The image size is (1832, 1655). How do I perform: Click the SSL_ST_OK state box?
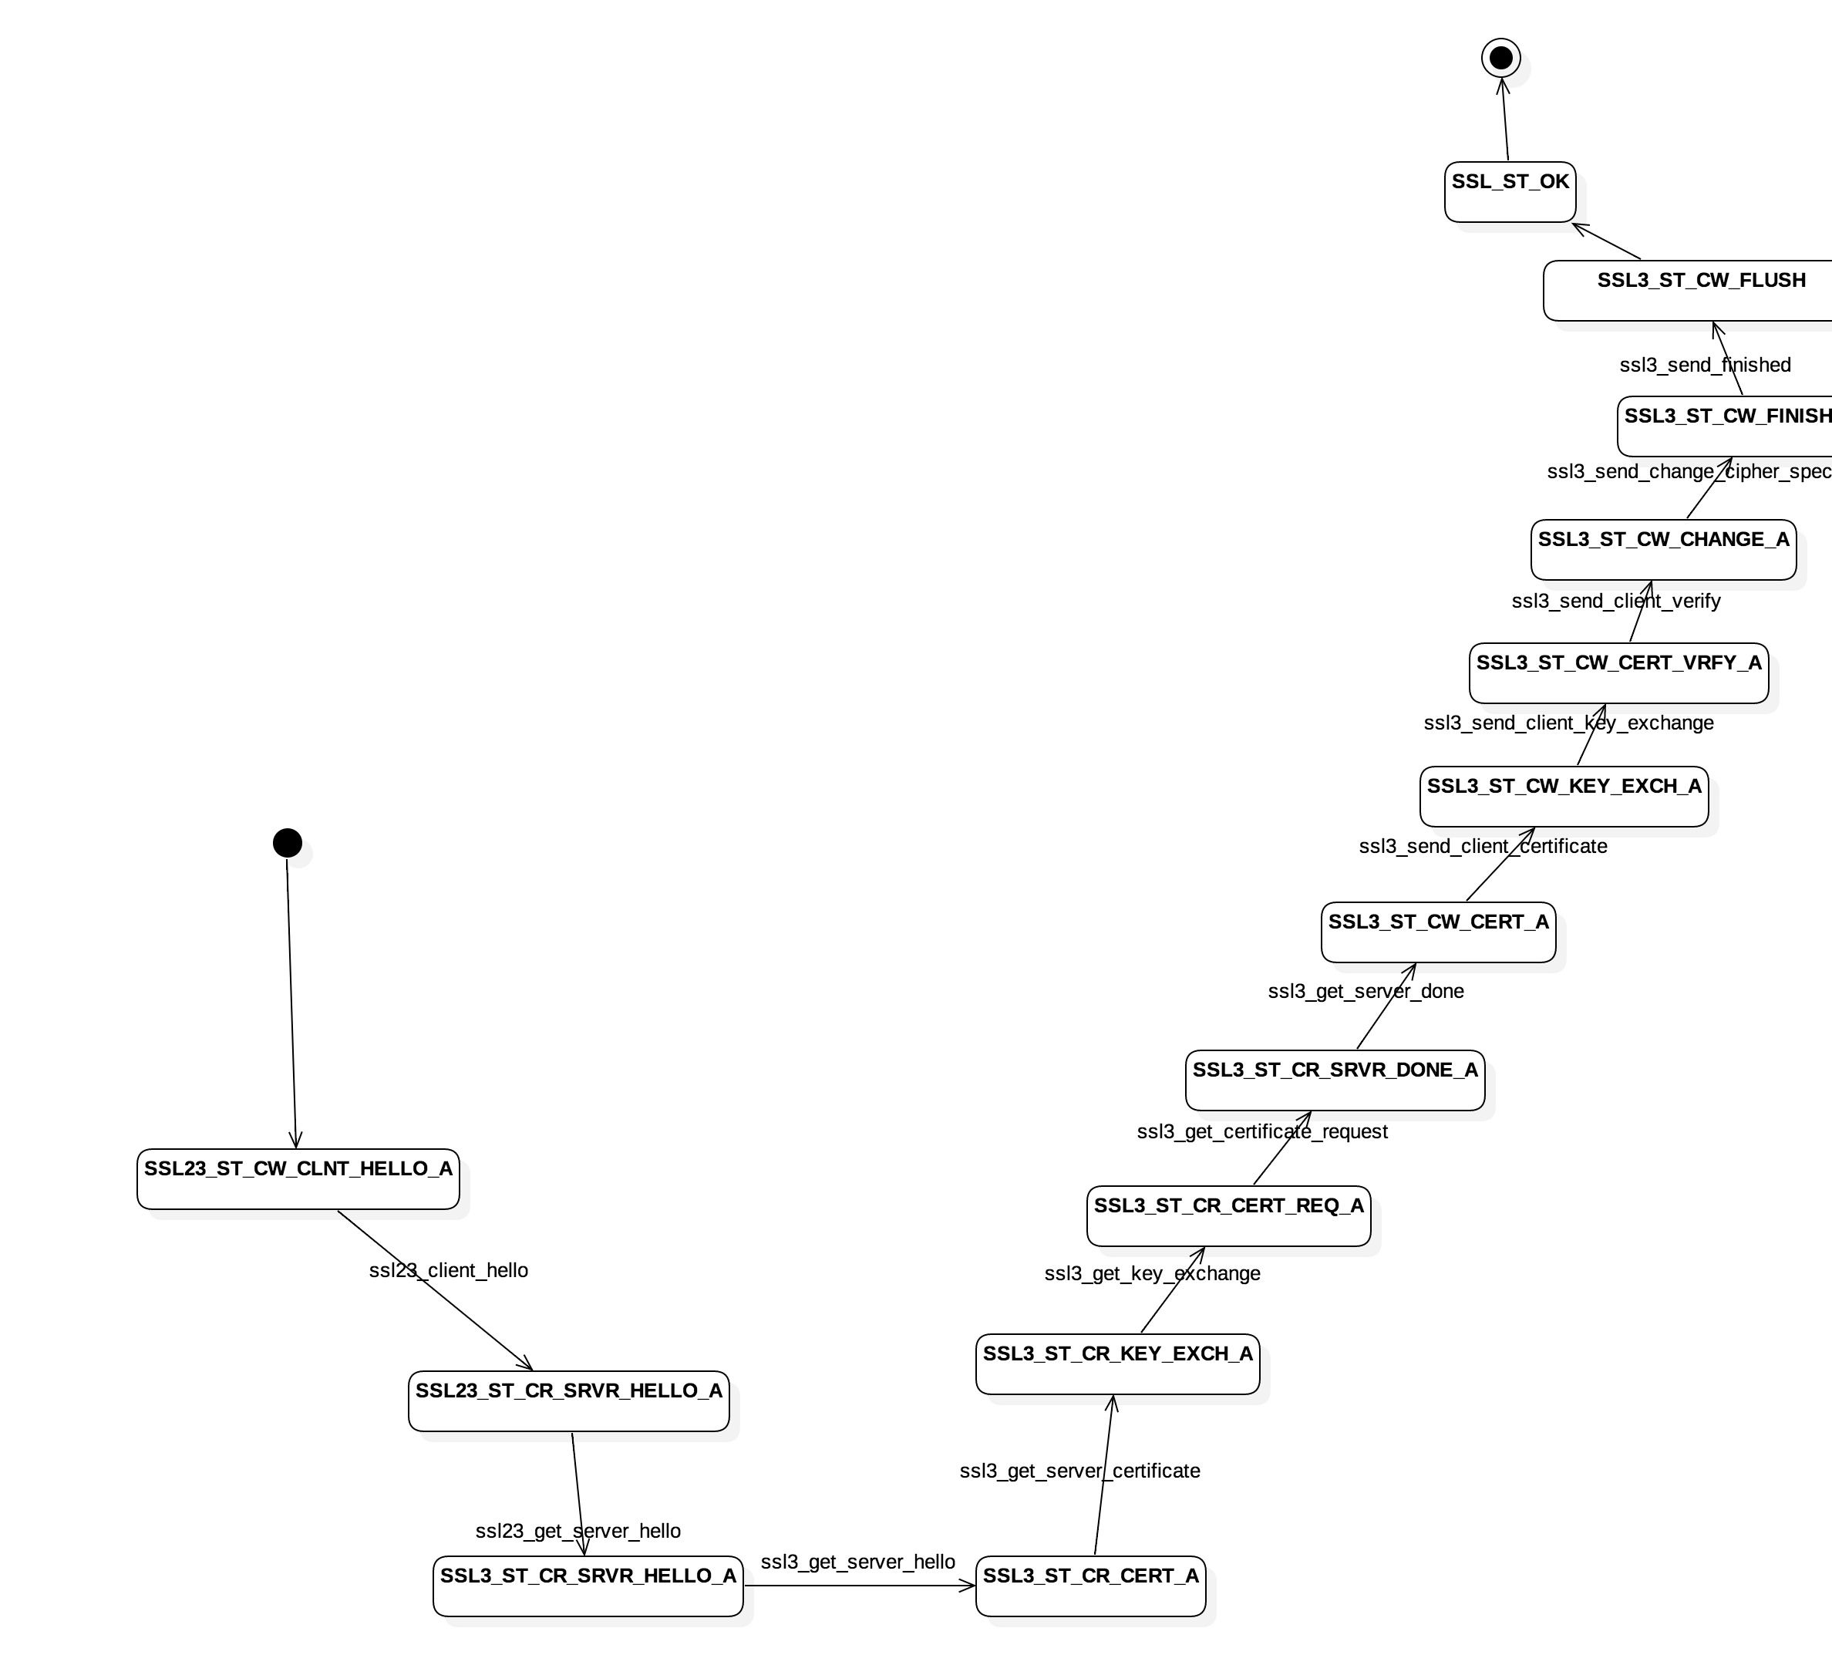[1510, 192]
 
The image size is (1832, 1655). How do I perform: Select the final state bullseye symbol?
[1501, 58]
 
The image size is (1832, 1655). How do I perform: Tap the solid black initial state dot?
[287, 842]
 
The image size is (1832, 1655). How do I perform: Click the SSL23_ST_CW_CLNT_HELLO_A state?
[298, 1178]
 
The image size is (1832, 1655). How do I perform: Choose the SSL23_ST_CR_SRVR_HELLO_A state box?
[569, 1401]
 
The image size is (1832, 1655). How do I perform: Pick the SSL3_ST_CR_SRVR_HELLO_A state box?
[588, 1586]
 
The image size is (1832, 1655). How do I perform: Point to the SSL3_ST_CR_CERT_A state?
[1090, 1586]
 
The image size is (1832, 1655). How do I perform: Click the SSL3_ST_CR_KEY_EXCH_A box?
[1118, 1363]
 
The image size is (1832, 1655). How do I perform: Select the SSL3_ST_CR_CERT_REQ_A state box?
[1228, 1215]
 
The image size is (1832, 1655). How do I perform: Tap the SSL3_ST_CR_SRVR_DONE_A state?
[1335, 1080]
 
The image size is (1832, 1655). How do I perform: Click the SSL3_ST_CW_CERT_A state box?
[1439, 932]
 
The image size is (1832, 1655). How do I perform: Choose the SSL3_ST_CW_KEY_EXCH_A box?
[1564, 796]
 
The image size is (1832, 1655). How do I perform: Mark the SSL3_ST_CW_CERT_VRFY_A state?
[1618, 672]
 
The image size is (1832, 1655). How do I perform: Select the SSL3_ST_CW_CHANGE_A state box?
[1663, 549]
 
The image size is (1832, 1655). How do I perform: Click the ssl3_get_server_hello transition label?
[858, 1562]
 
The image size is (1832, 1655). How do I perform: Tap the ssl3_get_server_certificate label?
[1079, 1471]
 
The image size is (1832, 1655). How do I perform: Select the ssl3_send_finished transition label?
[1705, 366]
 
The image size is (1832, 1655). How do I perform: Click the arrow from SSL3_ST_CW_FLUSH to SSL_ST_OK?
[1607, 241]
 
